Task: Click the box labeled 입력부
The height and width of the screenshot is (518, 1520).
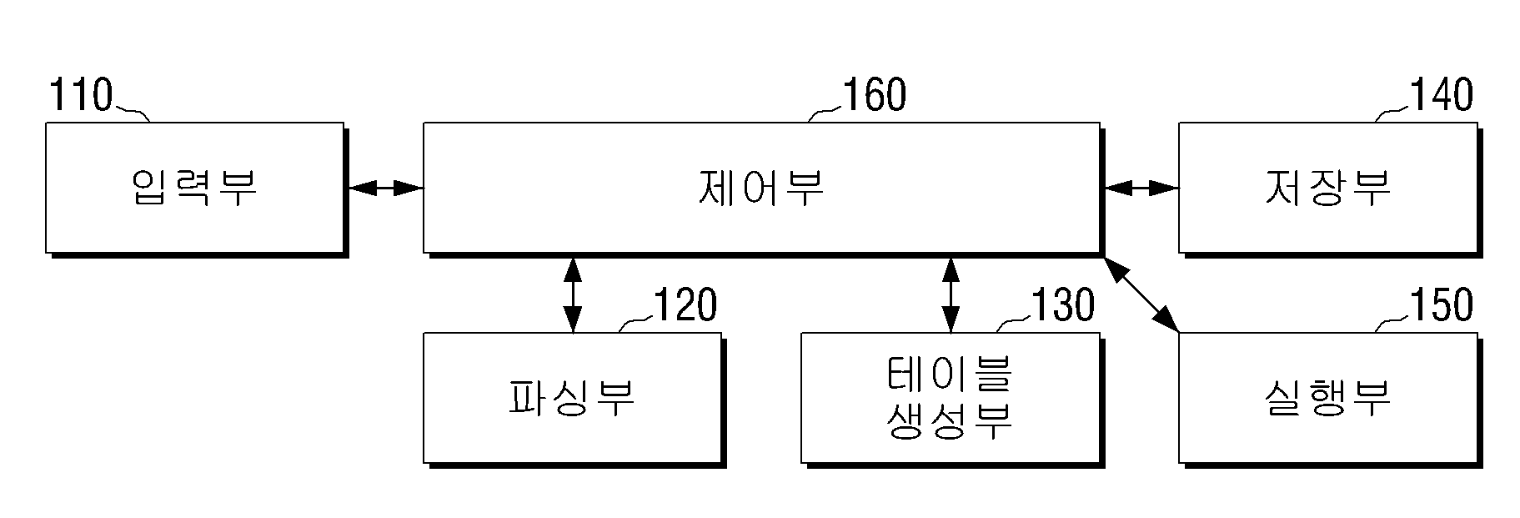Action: click(x=195, y=188)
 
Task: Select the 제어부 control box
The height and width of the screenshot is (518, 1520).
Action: click(x=761, y=188)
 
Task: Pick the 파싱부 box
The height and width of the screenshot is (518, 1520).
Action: click(x=573, y=398)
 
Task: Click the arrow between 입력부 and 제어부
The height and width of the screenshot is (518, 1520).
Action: click(x=385, y=189)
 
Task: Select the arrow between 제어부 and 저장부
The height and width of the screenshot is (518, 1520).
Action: click(x=1141, y=189)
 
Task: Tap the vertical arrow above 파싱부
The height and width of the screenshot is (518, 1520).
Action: click(x=572, y=294)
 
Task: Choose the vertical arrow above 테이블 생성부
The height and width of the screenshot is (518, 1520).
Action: click(x=950, y=294)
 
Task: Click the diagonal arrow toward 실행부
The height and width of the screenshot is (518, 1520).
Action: click(x=1141, y=294)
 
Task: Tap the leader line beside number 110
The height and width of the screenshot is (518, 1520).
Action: click(x=132, y=113)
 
